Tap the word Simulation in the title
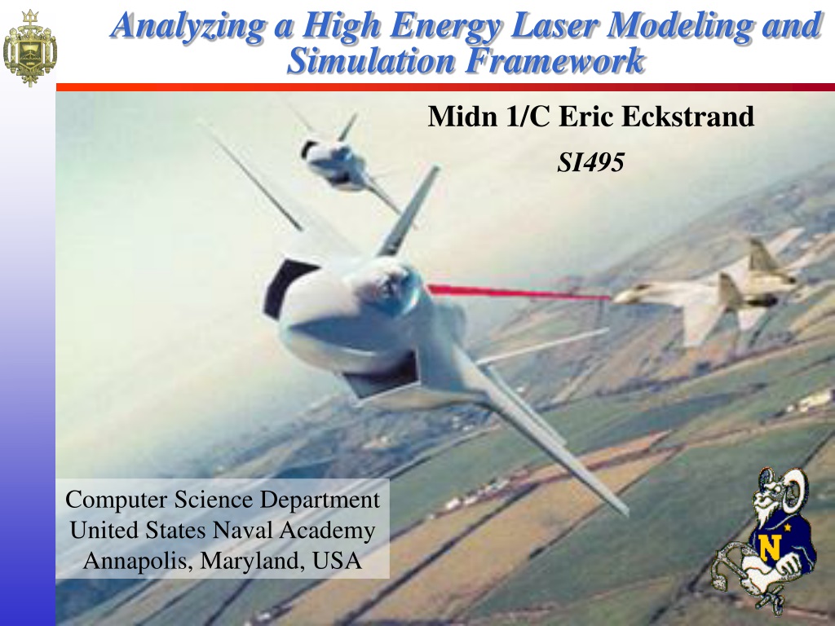371,60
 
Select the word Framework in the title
554,60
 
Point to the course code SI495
590,162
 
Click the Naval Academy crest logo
29,47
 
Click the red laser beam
519,293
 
